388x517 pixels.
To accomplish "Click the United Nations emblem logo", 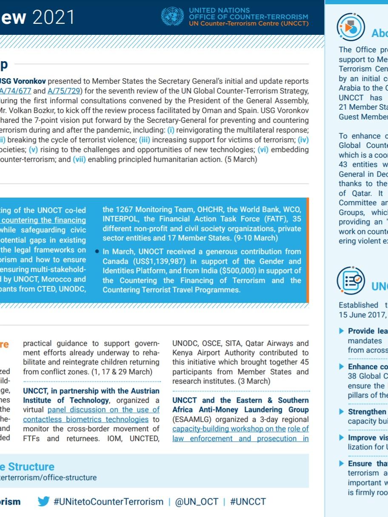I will (x=172, y=17).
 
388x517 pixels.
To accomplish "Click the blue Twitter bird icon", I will (x=43, y=501).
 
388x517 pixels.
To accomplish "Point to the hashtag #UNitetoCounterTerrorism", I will (x=108, y=502).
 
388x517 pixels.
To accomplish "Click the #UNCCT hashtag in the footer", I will (x=248, y=502).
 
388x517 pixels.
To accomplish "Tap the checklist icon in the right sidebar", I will (x=351, y=280).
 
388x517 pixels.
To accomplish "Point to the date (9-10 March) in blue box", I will (x=253, y=238).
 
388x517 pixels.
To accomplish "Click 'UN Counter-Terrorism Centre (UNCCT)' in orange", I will (x=249, y=23).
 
